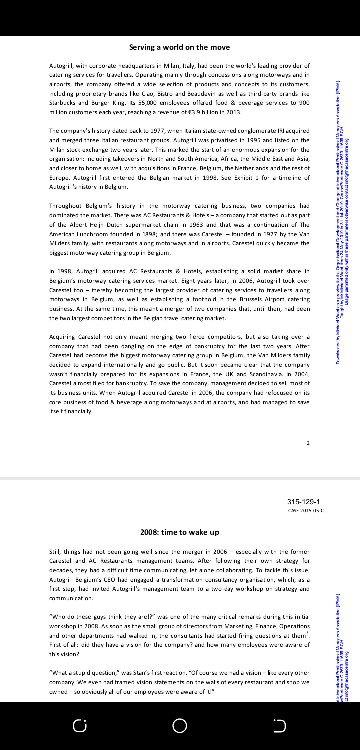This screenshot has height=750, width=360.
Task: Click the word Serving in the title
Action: point(146,47)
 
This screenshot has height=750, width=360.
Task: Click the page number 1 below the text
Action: point(308,469)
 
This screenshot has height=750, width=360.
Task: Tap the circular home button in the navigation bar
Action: point(180,723)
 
